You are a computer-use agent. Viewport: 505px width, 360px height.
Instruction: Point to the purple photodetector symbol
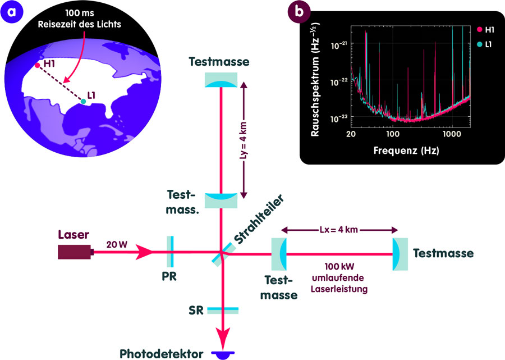click(x=223, y=354)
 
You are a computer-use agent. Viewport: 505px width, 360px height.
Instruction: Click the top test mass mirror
click(x=221, y=80)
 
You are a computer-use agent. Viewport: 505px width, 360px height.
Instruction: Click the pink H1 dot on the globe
click(x=37, y=65)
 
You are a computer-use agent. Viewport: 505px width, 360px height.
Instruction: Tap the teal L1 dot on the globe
click(x=83, y=101)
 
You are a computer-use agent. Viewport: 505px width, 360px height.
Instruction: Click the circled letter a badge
click(x=12, y=12)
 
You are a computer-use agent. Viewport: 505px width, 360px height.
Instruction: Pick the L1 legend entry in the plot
click(x=485, y=44)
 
